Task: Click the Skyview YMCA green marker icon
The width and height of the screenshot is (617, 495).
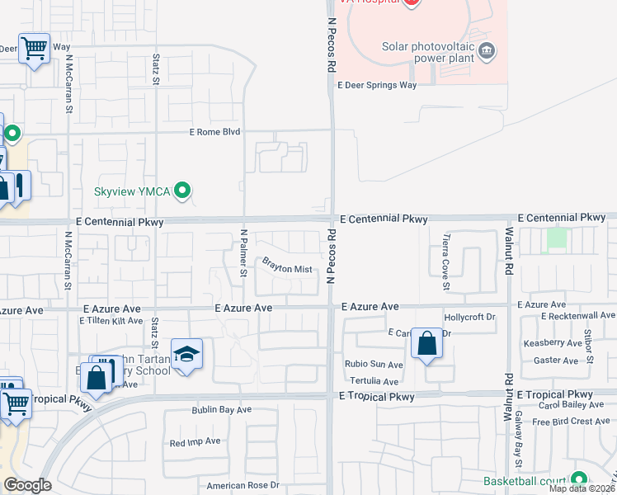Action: pos(183,191)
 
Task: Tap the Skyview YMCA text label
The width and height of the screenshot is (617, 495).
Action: pos(131,192)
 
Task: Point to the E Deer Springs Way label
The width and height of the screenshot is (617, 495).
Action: pos(376,85)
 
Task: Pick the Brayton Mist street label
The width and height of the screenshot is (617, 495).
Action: pos(287,268)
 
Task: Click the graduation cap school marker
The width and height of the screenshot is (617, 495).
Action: pos(186,355)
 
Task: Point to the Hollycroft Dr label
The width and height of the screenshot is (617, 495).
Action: pos(469,317)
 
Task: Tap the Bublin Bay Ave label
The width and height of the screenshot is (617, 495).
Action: pos(221,409)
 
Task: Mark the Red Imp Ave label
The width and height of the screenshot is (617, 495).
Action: pos(195,442)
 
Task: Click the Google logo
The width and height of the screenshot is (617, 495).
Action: pos(27,485)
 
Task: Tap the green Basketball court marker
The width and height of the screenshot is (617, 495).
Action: pos(579,478)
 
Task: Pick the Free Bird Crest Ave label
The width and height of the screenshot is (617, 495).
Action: pos(571,422)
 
